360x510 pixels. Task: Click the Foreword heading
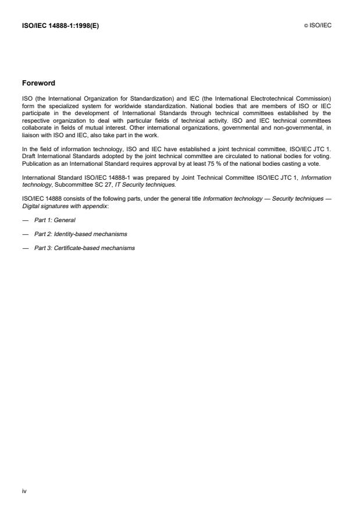click(x=39, y=83)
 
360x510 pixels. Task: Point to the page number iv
click(x=25, y=491)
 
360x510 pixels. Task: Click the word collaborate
click(x=37, y=119)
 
